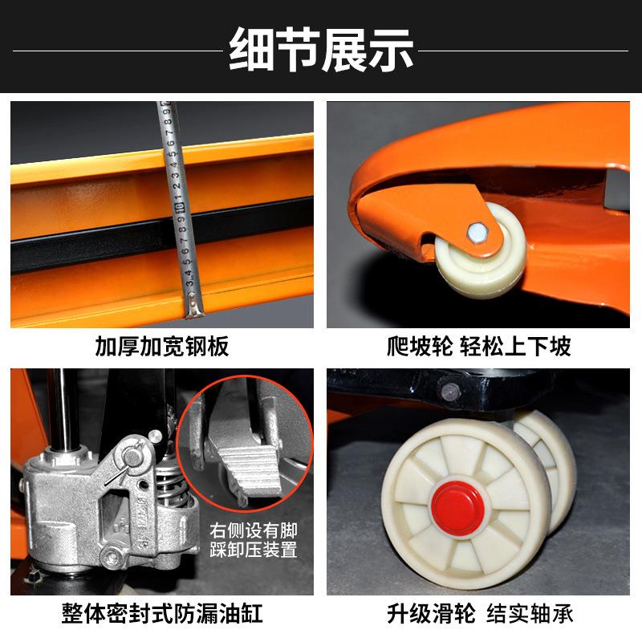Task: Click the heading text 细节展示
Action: coord(321,49)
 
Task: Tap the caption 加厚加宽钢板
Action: coord(162,347)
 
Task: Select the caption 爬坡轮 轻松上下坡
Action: coord(478,347)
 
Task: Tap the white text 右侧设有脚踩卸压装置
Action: coord(254,540)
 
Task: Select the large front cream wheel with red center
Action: coord(455,506)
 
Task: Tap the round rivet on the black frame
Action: coord(451,392)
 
